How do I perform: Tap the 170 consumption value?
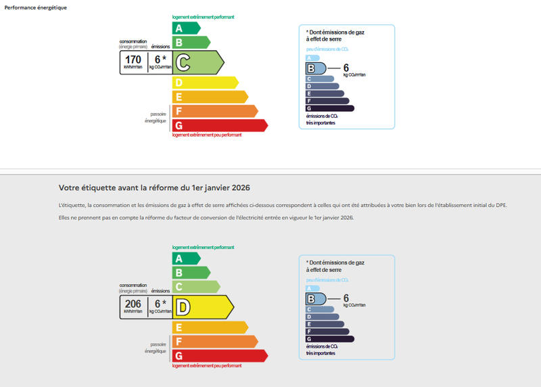(133, 60)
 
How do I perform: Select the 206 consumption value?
(133, 304)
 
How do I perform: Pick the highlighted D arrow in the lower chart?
(203, 307)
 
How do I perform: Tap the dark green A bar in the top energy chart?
(186, 28)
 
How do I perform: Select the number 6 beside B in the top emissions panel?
(346, 68)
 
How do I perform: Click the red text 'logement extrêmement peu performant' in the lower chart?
(207, 365)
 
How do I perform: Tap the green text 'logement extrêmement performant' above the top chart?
(204, 18)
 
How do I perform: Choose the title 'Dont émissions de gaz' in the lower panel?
(336, 262)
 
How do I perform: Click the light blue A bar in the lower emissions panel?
(313, 288)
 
